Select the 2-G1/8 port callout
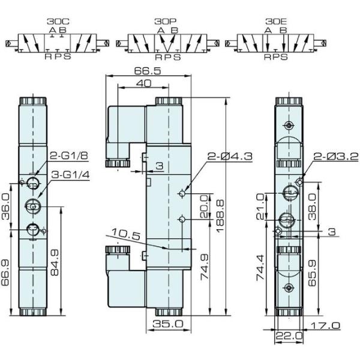[x=68, y=155]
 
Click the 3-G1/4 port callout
[x=68, y=175]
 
